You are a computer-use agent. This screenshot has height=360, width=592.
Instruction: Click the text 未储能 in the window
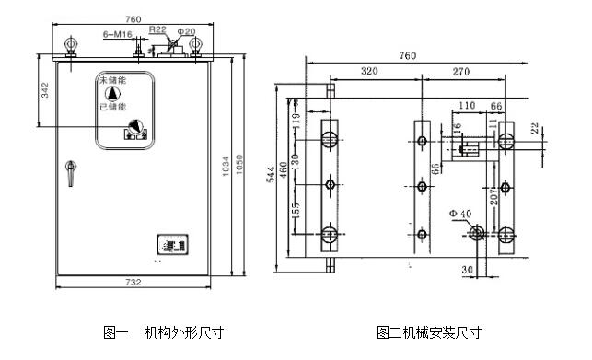point(112,83)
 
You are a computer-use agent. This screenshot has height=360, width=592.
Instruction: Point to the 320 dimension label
point(369,71)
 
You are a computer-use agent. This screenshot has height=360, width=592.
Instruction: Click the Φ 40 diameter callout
point(459,214)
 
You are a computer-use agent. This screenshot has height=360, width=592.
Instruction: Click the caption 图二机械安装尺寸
point(428,331)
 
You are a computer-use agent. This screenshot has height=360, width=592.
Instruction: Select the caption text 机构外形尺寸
point(183,331)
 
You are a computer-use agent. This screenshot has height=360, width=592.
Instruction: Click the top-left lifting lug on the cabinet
point(70,45)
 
